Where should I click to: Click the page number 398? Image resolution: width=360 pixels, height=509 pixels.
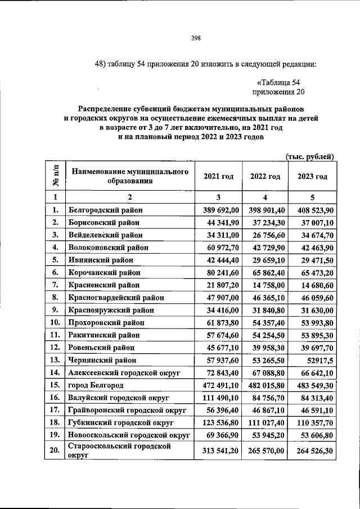(196, 38)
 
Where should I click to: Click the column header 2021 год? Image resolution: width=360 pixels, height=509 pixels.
(218, 177)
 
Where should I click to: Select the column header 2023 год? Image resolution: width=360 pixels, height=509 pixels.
(312, 177)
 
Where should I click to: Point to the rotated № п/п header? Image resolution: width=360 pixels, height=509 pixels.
(56, 176)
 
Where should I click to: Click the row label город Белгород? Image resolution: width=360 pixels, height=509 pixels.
(96, 385)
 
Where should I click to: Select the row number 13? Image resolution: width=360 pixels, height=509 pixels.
(55, 360)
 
